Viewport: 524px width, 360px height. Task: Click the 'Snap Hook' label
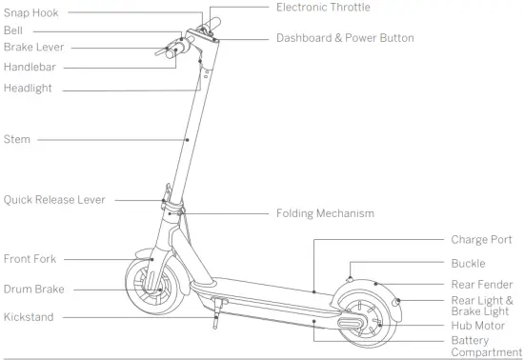pos(31,13)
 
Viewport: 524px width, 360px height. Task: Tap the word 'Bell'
pos(13,30)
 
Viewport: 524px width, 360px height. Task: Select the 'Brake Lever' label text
pos(33,47)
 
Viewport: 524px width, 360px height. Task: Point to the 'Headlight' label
pos(28,89)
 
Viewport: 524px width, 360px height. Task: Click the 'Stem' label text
pos(17,139)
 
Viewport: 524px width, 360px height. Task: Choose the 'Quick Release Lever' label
pos(54,200)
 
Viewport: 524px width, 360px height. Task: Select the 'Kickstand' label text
pos(29,316)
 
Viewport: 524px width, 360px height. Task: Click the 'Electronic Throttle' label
pos(323,8)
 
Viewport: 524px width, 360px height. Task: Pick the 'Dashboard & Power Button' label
pos(345,39)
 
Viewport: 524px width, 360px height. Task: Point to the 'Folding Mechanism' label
pos(325,213)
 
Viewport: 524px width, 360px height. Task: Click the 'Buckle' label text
pos(468,263)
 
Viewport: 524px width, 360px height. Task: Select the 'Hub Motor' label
pos(476,325)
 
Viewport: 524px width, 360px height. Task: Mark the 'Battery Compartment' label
pos(483,347)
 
